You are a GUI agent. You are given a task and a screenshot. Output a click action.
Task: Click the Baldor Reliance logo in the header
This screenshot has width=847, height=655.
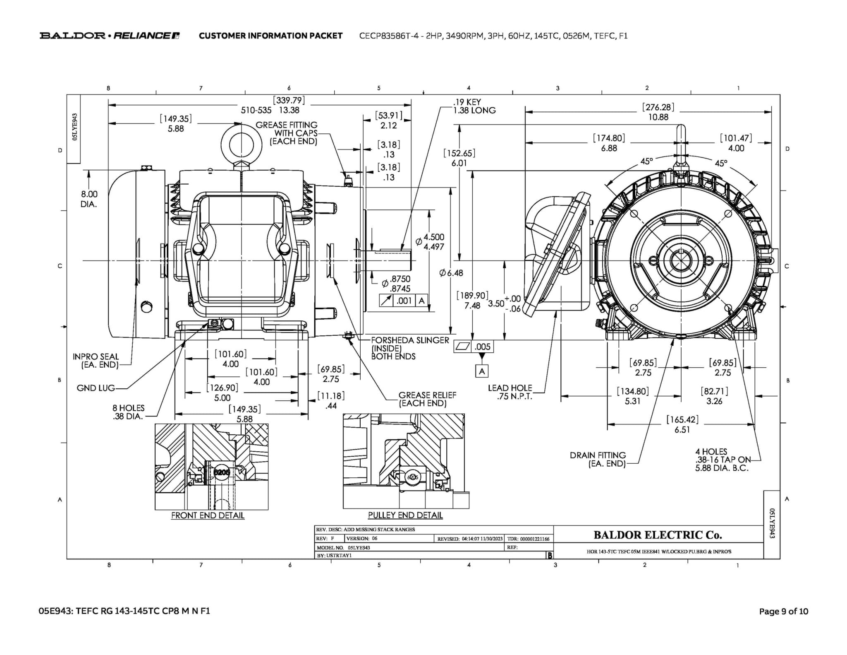(110, 36)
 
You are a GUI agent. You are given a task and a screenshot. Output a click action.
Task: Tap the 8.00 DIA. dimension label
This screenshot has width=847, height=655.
(89, 199)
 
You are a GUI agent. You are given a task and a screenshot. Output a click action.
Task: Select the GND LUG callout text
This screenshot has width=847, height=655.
(96, 388)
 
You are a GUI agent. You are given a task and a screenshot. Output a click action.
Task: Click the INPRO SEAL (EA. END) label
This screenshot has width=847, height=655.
(96, 360)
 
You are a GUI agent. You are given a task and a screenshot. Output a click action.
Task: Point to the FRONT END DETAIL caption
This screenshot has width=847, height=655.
(208, 515)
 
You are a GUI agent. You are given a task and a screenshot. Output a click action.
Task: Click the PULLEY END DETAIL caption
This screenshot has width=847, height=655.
(405, 515)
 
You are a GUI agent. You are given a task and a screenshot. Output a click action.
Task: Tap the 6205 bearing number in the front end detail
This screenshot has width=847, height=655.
(222, 472)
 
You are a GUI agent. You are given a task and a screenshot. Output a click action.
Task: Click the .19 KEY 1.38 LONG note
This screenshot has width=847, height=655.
(474, 106)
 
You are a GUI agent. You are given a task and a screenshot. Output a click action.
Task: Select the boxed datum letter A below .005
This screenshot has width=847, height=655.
(482, 371)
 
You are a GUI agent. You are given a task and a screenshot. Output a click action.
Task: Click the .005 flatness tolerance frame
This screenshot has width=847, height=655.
(474, 347)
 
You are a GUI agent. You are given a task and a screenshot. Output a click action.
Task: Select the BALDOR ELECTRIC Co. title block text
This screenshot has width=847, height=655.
(658, 535)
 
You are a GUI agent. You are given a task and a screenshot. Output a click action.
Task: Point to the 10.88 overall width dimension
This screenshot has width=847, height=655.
(658, 117)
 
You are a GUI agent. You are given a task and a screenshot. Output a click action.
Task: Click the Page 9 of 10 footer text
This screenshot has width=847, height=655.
(783, 611)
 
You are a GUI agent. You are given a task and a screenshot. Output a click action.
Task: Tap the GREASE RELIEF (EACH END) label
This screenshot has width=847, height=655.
(427, 399)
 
